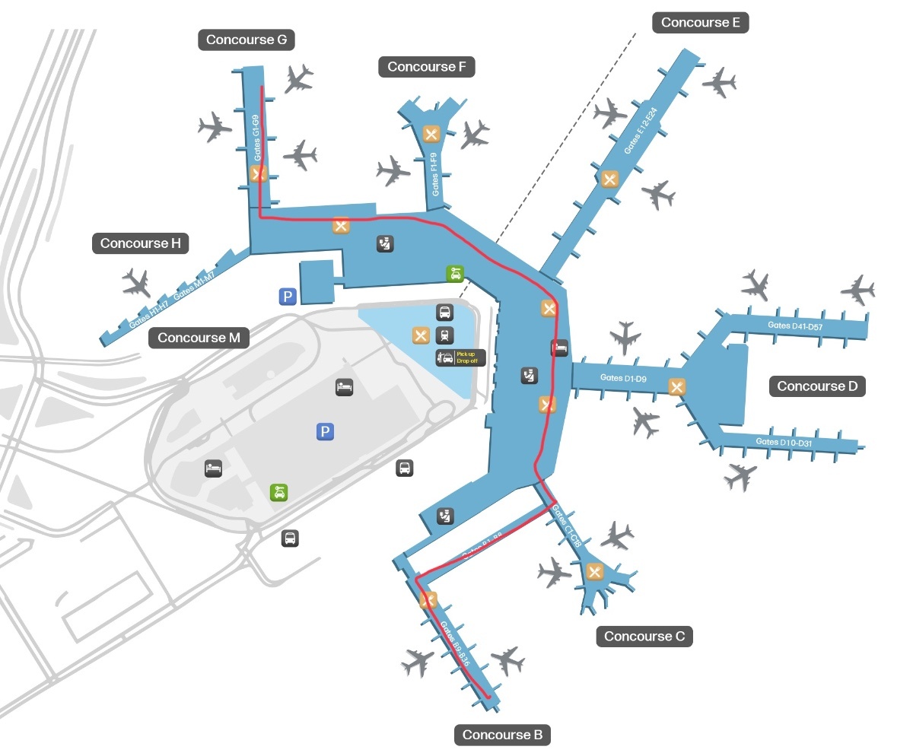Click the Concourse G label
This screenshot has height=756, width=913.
pyautogui.click(x=247, y=40)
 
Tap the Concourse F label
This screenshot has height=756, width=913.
pyautogui.click(x=426, y=67)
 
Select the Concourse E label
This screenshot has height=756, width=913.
pyautogui.click(x=700, y=23)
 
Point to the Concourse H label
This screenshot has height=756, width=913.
pyautogui.click(x=141, y=243)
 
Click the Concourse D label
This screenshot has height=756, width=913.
pyautogui.click(x=817, y=386)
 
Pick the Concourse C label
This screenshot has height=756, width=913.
pyautogui.click(x=644, y=636)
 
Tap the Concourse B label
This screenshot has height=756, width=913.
pyautogui.click(x=502, y=735)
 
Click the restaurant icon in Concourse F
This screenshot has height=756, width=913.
pyautogui.click(x=432, y=135)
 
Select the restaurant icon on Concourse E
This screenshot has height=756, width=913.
pyautogui.click(x=609, y=179)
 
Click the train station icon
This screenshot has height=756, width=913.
pyautogui.click(x=444, y=335)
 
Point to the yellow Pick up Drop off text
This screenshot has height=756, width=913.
pyautogui.click(x=466, y=357)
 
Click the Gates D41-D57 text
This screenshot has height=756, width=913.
pyautogui.click(x=796, y=326)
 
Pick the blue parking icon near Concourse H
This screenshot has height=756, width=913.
pyautogui.click(x=287, y=297)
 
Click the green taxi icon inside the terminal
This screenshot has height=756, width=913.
pyautogui.click(x=454, y=274)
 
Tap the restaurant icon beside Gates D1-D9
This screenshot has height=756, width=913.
pyautogui.click(x=676, y=387)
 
